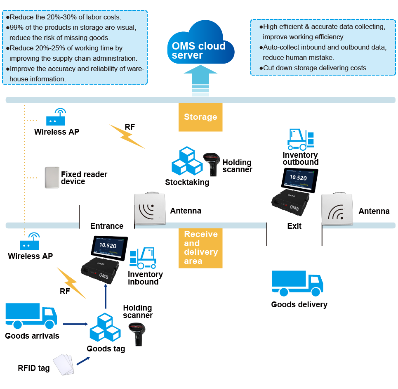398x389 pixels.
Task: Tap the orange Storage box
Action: point(200,117)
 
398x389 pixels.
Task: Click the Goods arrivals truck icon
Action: point(31,316)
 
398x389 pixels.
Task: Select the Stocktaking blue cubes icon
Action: point(187,161)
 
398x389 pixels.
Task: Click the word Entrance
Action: point(107,226)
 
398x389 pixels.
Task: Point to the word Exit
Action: point(294,226)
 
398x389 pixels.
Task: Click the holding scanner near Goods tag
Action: point(138,333)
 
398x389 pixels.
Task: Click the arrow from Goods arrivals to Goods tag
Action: point(76,324)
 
